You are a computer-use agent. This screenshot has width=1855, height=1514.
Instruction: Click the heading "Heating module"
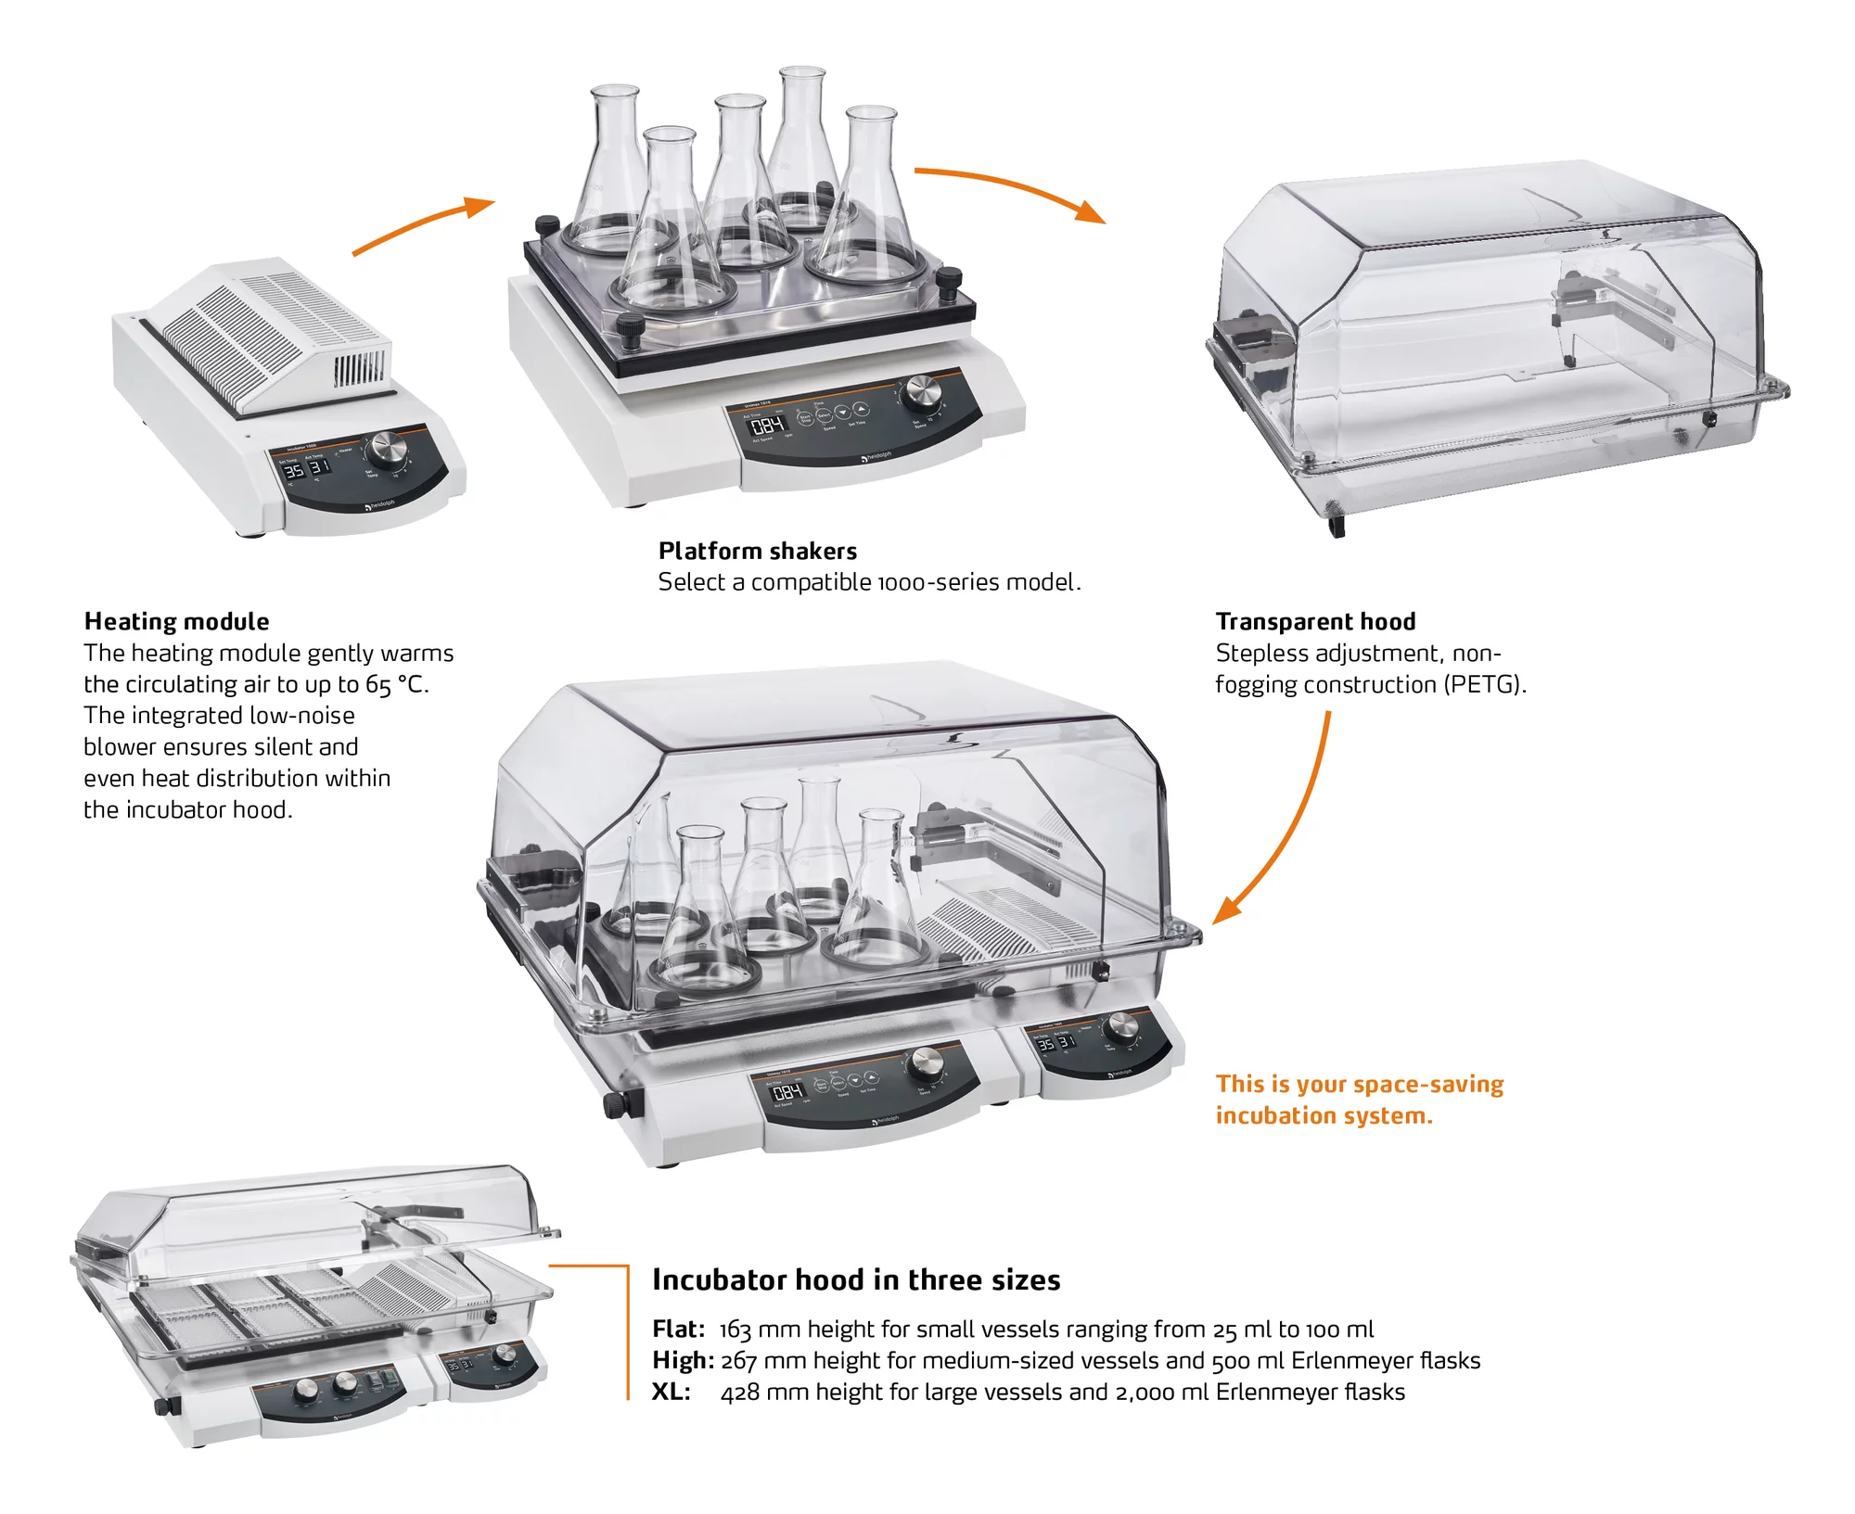[176, 621]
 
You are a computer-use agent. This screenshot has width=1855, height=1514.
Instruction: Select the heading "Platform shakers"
[757, 551]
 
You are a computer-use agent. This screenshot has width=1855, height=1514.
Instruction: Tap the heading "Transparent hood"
[1315, 621]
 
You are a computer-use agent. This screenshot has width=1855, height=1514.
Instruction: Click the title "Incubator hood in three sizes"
[855, 1279]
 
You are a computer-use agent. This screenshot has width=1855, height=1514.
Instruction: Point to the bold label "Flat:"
[678, 1330]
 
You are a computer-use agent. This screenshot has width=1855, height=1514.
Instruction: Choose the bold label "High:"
[683, 1360]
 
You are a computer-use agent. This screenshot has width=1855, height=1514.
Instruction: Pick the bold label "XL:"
[671, 1392]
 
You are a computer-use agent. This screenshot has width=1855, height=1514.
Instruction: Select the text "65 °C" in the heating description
[395, 684]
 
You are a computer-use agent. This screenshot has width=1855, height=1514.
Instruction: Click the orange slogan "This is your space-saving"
[1360, 1084]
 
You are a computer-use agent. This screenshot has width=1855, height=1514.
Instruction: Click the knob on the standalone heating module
[386, 451]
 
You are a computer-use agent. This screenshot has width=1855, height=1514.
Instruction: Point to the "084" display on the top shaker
[768, 426]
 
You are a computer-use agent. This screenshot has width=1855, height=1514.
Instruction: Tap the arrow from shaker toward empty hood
[1011, 188]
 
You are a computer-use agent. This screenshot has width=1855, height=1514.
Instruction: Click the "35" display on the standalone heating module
[293, 471]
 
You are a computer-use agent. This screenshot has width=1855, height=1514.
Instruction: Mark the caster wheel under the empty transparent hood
[1337, 527]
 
